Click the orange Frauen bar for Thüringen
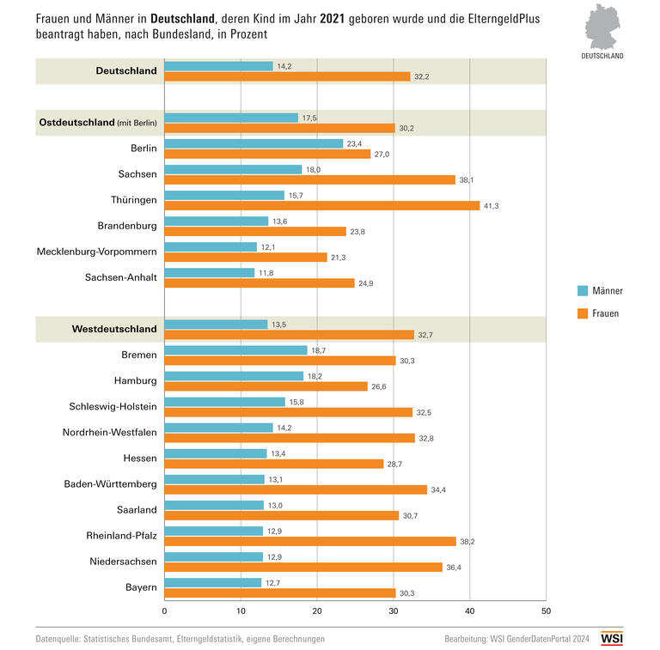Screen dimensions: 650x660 321,205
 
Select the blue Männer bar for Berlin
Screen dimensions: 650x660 254,143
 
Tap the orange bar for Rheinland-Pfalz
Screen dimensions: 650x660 309,541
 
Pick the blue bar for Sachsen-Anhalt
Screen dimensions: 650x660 209,272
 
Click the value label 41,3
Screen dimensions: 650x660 491,205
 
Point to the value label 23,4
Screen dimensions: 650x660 354,143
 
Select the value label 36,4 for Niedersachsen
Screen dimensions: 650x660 454,567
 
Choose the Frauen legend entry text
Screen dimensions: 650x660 606,313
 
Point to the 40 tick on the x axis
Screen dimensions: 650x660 469,611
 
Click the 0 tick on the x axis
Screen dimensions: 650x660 164,611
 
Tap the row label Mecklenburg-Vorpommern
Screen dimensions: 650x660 96,252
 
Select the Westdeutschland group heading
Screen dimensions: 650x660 113,329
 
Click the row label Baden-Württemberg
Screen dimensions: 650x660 110,483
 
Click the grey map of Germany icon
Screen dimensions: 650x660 607,27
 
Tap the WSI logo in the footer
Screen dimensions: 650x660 612,639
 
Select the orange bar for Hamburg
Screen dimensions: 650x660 266,386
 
